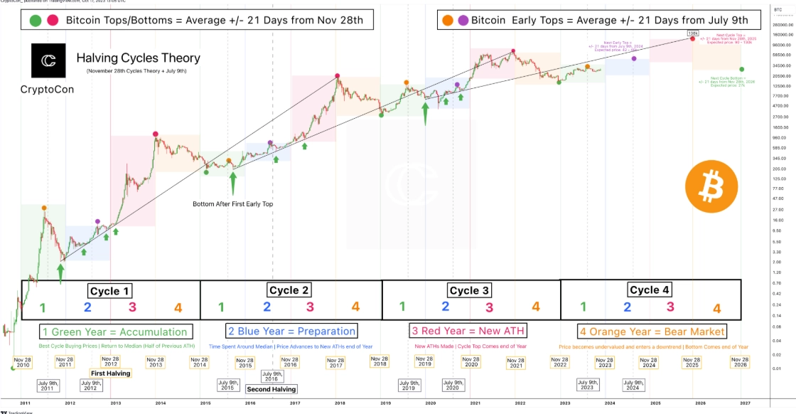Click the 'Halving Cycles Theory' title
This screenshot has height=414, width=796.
(138, 58)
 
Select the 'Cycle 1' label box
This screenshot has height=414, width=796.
(109, 291)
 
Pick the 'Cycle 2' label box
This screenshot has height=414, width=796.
(289, 290)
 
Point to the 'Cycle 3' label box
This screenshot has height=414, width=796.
(469, 290)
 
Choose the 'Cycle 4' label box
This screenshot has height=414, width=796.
(650, 290)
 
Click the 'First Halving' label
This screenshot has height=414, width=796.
(109, 373)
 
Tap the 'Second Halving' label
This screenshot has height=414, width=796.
(271, 389)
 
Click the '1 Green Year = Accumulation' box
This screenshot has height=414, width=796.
(115, 331)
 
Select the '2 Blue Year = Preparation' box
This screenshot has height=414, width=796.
(291, 331)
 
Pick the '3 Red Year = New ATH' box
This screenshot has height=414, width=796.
(468, 331)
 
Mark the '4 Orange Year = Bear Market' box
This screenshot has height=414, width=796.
(652, 331)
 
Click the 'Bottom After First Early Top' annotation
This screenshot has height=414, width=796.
(232, 204)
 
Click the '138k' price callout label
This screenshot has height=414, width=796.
(692, 33)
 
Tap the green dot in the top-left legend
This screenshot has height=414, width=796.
(34, 20)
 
